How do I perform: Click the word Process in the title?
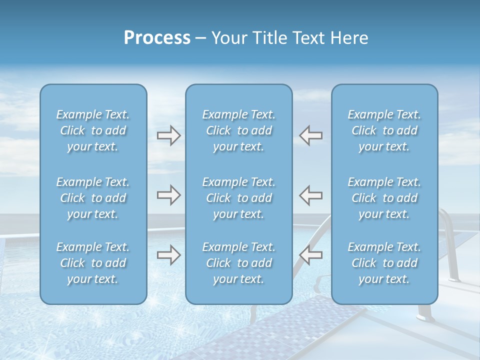(157, 38)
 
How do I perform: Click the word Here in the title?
(348, 38)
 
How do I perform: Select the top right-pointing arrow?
(168, 135)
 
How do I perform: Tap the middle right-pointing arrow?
(168, 195)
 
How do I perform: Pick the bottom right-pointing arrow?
(168, 255)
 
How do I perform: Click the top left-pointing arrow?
(310, 135)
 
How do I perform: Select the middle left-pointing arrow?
(310, 195)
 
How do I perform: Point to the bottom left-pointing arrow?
(310, 255)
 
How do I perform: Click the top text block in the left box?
(93, 130)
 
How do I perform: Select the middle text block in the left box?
(93, 198)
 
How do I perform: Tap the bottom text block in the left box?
(93, 263)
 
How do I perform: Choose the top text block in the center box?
(239, 130)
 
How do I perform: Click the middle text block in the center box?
(239, 198)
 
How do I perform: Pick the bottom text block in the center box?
(239, 263)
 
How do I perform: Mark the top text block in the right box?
(384, 130)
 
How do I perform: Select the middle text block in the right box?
(384, 198)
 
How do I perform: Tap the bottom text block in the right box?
(384, 263)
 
